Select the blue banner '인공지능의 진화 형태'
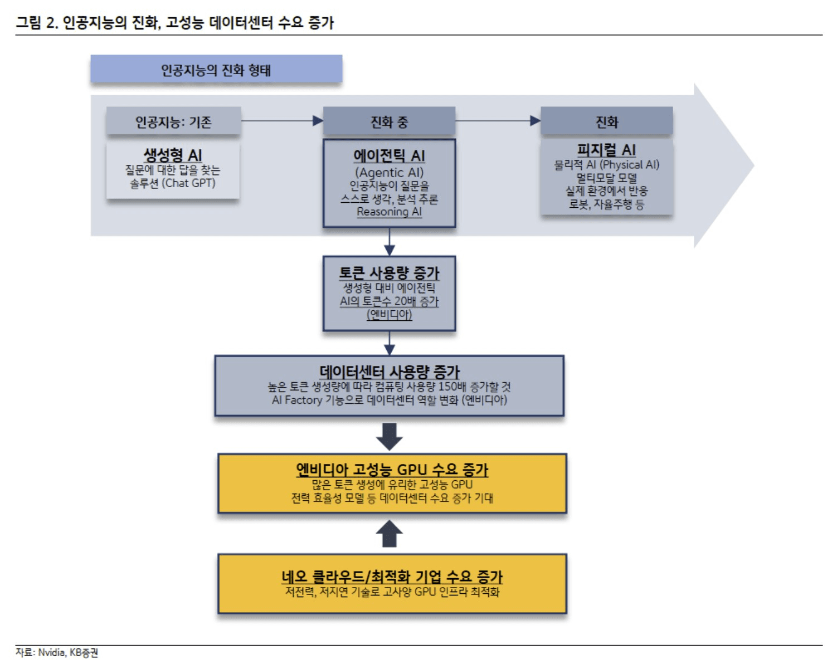point(216,70)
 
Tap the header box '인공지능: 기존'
point(173,121)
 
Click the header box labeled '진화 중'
point(389,122)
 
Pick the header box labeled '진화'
point(606,122)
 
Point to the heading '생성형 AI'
point(173,155)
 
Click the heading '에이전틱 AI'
point(389,156)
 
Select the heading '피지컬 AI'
point(606,150)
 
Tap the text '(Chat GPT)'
point(188,183)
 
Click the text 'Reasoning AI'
point(389,212)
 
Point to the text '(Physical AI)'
point(629,165)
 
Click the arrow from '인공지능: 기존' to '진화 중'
point(282,120)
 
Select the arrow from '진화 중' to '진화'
point(498,120)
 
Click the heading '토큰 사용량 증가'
point(389,273)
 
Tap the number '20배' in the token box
point(405,301)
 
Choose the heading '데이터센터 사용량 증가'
point(389,372)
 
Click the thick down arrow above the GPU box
point(389,436)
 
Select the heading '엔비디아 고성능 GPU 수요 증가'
point(392,470)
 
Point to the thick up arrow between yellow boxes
point(389,534)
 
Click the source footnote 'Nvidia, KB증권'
point(68,652)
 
